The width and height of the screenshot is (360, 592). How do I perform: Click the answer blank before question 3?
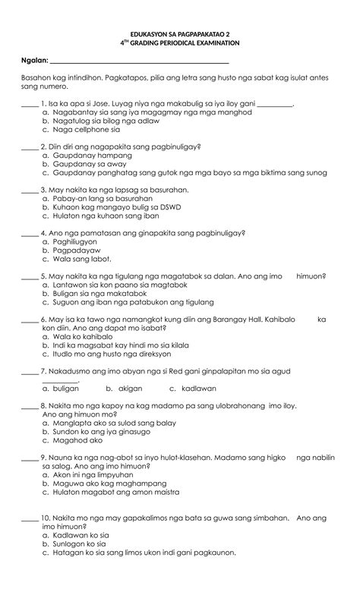point(30,190)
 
